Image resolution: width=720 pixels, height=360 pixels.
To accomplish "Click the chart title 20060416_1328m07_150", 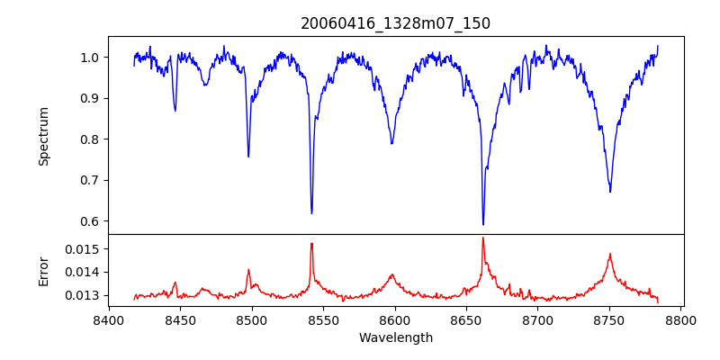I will (396, 23).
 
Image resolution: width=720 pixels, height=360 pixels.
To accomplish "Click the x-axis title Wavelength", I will (396, 337).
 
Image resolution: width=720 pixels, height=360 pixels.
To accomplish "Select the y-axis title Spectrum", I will (43, 136).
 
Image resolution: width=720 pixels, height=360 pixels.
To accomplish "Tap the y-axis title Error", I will (43, 271).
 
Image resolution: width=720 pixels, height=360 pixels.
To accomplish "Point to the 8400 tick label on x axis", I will (109, 319).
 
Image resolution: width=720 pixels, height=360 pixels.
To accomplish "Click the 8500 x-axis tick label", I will (252, 319).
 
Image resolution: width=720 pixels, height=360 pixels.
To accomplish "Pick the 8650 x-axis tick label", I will (466, 319).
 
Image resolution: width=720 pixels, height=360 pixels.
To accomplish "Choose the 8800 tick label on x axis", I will (680, 319).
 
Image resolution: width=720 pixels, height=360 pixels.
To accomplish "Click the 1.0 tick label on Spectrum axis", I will (91, 58).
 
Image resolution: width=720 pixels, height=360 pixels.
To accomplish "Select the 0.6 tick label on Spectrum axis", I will (91, 221).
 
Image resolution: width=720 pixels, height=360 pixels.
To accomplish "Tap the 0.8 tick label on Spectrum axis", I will (91, 139).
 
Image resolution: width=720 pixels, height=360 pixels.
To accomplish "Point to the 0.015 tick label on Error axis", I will (85, 248).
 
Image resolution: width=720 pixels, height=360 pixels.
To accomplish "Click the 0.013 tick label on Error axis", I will (85, 295).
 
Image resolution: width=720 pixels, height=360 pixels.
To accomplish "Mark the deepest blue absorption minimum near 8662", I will (483, 224).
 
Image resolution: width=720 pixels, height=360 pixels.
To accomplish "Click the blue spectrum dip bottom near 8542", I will (311, 213).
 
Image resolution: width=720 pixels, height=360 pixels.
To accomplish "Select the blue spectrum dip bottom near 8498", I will (248, 157).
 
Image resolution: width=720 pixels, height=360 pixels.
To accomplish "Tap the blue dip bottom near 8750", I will (610, 191).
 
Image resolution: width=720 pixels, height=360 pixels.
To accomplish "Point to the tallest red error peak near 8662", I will (483, 238).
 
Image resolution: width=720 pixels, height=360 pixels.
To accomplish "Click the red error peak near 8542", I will (311, 244).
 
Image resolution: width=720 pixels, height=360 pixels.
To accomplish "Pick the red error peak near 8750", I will (610, 255).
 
